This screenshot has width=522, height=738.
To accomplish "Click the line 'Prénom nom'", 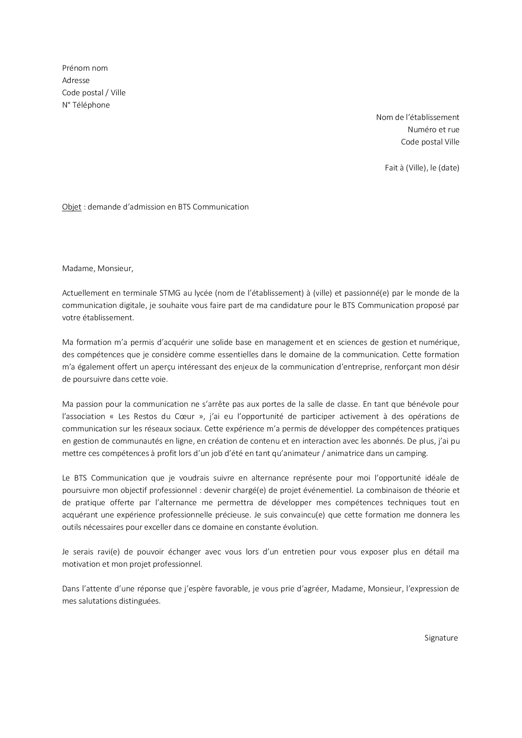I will (85, 68).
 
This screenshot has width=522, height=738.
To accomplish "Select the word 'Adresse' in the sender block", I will (76, 80).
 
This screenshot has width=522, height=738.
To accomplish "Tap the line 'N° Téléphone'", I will (86, 105).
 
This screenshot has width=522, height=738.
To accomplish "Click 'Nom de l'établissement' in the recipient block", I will (418, 117).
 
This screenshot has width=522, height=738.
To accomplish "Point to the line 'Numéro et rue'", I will (433, 130).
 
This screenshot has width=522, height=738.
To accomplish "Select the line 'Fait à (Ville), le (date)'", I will (422, 168).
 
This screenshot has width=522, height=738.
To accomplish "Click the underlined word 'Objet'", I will (72, 207).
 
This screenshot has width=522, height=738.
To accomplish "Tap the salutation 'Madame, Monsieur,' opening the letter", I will (98, 269).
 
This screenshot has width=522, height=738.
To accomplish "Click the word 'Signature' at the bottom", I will (441, 638).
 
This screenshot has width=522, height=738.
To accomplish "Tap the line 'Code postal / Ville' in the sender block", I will (94, 93).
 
